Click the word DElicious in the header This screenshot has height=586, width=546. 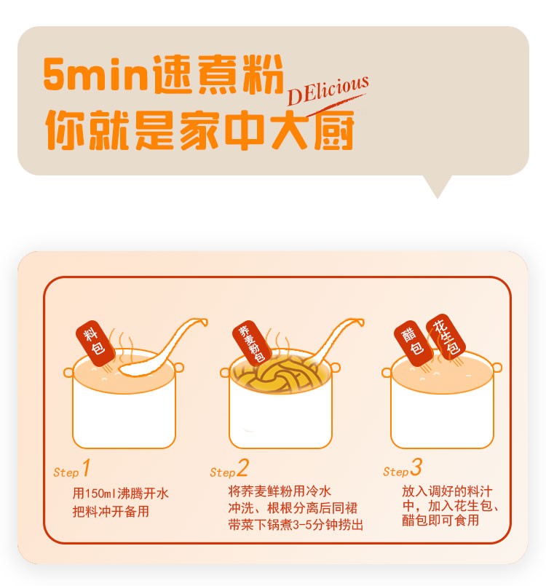tap(328, 90)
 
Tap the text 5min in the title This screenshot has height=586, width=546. tap(95, 74)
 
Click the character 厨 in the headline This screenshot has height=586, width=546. tap(334, 130)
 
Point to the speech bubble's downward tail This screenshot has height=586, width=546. tap(437, 186)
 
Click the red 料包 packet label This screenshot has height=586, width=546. tap(95, 344)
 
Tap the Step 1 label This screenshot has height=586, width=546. tap(72, 468)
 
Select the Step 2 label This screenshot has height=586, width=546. tap(229, 468)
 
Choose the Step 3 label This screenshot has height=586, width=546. tap(403, 467)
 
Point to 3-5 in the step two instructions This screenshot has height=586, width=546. tap(302, 525)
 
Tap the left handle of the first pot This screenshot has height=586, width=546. tap(68, 372)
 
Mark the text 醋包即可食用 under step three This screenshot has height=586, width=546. tap(440, 520)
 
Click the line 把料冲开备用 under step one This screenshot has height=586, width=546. tap(111, 511)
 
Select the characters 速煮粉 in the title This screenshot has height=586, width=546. tap(218, 74)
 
